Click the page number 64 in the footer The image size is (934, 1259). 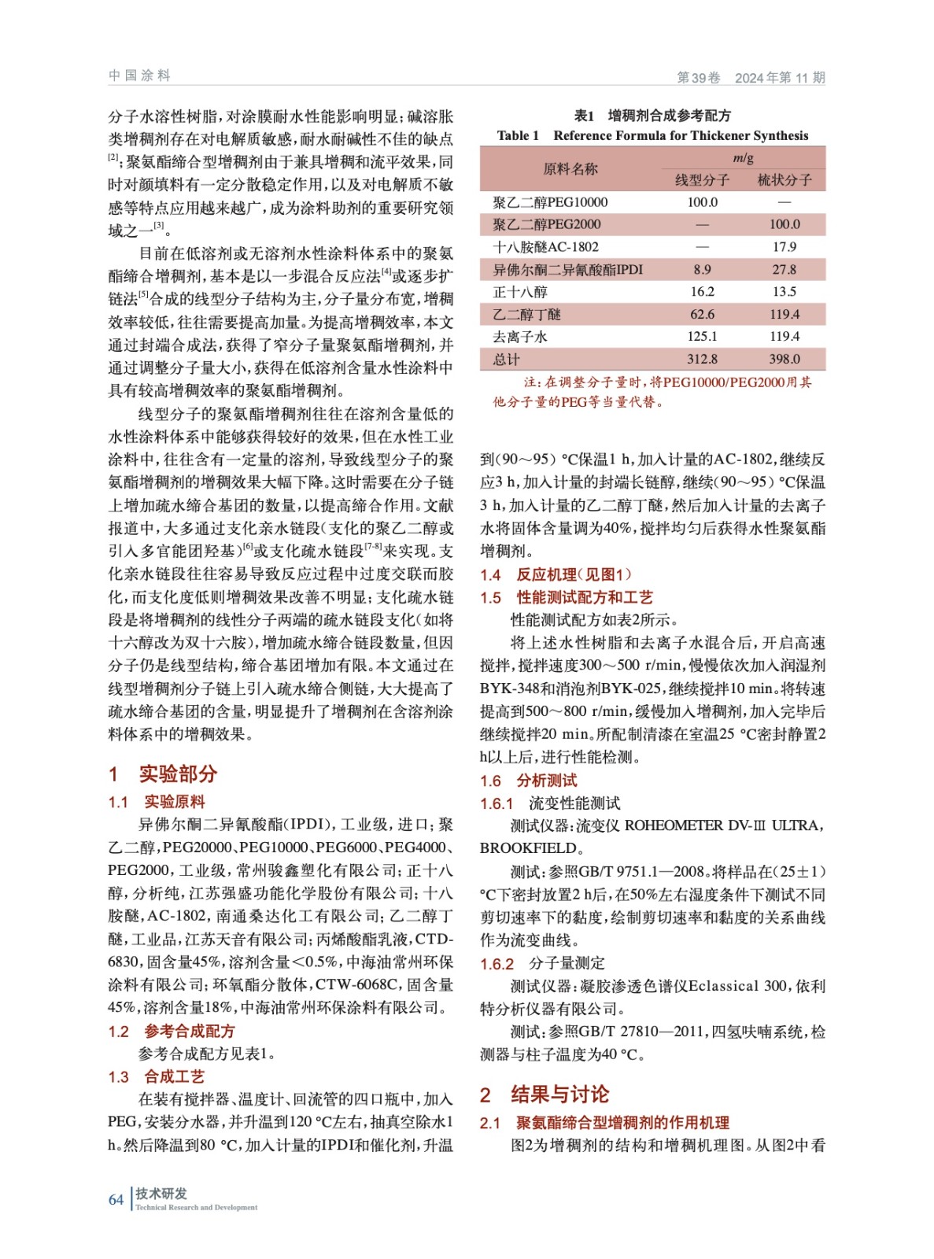pos(116,1199)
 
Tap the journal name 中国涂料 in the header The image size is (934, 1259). pos(139,76)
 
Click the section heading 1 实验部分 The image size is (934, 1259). pos(163,773)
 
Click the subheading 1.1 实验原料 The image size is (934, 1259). pos(157,802)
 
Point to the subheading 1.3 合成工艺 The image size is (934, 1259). pos(157,1076)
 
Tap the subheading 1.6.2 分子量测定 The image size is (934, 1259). pos(542,963)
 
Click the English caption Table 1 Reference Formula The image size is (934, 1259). pos(652,135)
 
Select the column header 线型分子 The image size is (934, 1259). pos(702,180)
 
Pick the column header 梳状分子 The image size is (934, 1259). pos(784,180)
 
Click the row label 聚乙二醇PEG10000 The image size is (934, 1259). pos(550,202)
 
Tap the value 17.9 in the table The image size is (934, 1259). pos(784,247)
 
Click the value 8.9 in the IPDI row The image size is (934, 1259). pos(702,269)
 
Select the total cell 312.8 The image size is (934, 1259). pos(702,359)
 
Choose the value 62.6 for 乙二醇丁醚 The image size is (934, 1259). pos(702,314)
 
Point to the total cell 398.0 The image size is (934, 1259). pos(784,359)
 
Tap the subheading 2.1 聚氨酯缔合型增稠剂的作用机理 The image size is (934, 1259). pos(604,1123)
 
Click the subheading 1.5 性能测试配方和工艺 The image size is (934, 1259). pos(567,597)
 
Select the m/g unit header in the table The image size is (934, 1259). pos(743,158)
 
